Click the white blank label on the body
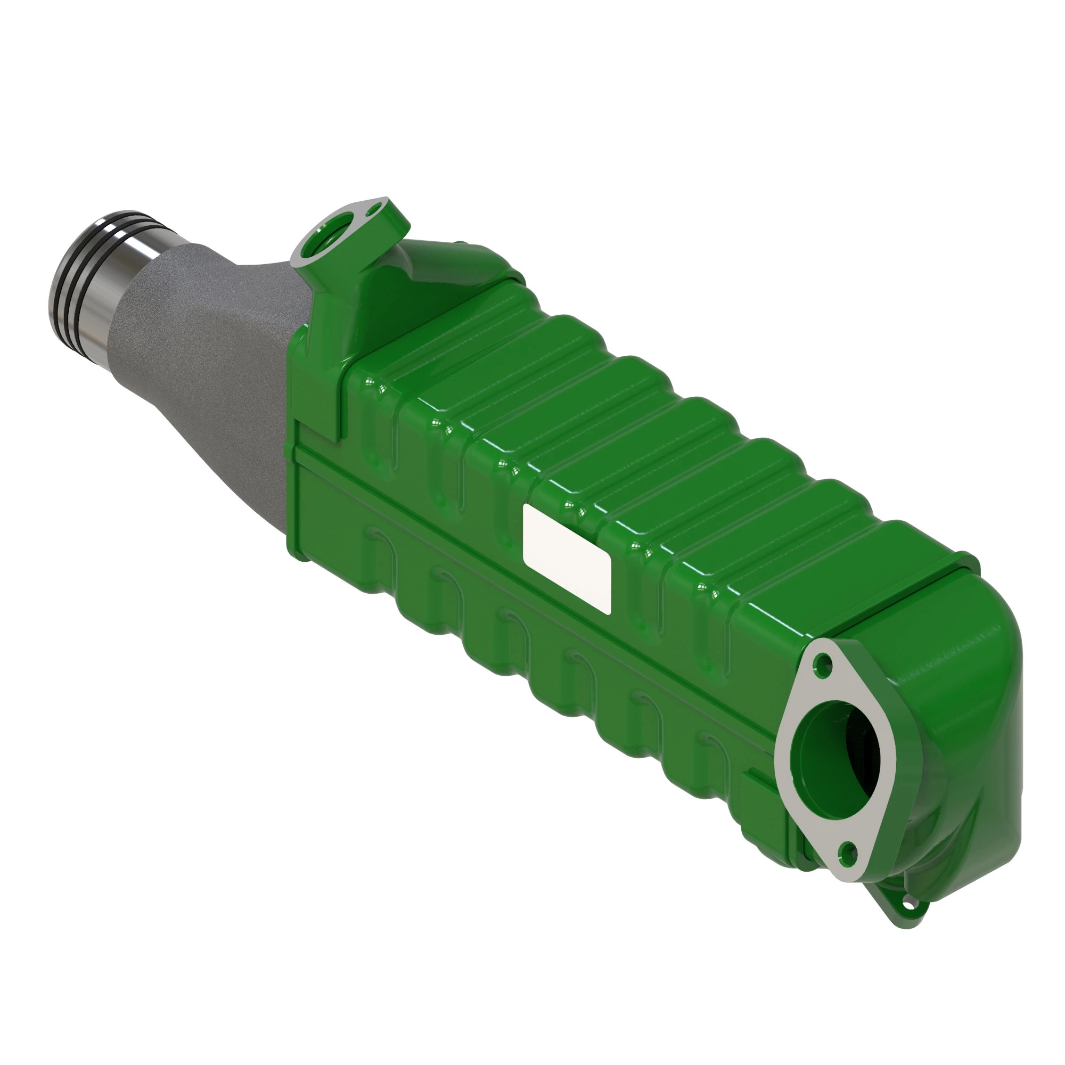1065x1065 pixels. pos(567,559)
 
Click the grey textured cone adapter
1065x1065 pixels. pos(215,353)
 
